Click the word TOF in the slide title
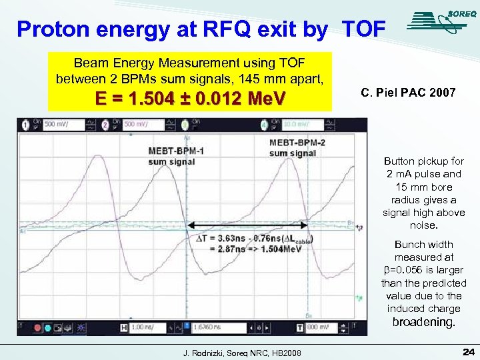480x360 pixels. [x=363, y=29]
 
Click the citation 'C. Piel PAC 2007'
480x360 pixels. [x=408, y=93]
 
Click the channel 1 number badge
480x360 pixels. [x=25, y=124]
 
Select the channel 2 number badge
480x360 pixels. [x=106, y=124]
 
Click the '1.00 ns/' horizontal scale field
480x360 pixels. [x=143, y=328]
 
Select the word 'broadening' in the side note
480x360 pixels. [x=421, y=322]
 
